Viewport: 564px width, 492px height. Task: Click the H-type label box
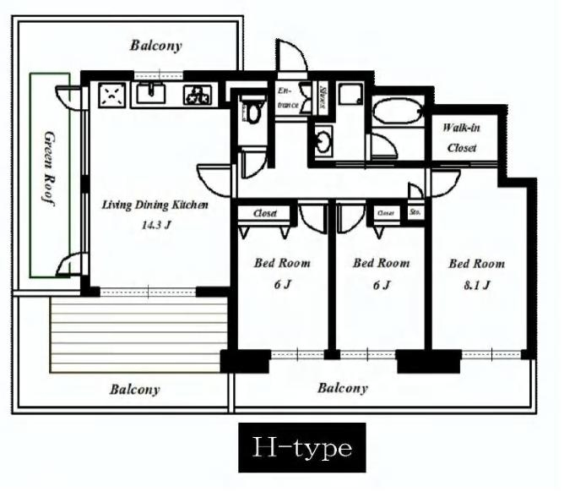coord(302,447)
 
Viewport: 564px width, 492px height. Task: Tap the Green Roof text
coord(49,168)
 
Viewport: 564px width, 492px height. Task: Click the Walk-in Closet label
coord(462,138)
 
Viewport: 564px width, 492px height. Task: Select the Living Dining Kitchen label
coord(155,205)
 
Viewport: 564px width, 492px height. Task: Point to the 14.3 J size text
coord(156,226)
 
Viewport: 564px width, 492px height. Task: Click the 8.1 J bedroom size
coord(477,285)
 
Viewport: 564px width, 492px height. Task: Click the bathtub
coord(398,112)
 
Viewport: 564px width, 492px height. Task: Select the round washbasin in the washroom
coord(324,141)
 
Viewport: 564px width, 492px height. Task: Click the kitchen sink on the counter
coord(151,93)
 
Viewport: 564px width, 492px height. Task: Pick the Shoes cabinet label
coord(323,98)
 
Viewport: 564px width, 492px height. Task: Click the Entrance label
coord(288,97)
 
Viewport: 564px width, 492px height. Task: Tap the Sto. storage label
coord(415,212)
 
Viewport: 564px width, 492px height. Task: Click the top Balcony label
coord(156,46)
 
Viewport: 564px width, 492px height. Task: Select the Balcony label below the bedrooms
coord(343,388)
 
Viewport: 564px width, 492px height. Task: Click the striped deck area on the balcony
coord(138,334)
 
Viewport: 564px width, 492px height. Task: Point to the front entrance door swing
coord(292,55)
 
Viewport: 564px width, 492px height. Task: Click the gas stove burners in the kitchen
coord(197,96)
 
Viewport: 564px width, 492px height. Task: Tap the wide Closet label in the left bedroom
coord(265,213)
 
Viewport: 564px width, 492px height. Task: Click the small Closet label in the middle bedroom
coord(386,213)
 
